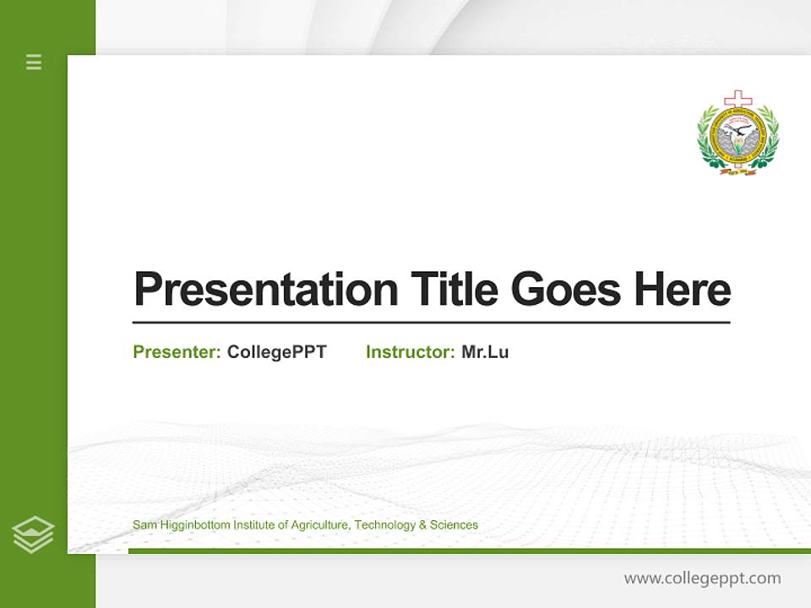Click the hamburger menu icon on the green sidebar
[34, 62]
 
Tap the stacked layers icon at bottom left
[33, 535]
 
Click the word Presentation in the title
[265, 290]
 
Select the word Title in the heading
[454, 290]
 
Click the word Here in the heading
[682, 290]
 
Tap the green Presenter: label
[177, 352]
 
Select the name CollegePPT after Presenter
[276, 352]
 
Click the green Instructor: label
[410, 352]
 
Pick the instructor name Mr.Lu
[485, 352]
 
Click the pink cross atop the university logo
[738, 99]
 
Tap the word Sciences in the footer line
[454, 525]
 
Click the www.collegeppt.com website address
[702, 578]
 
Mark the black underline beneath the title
[431, 323]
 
